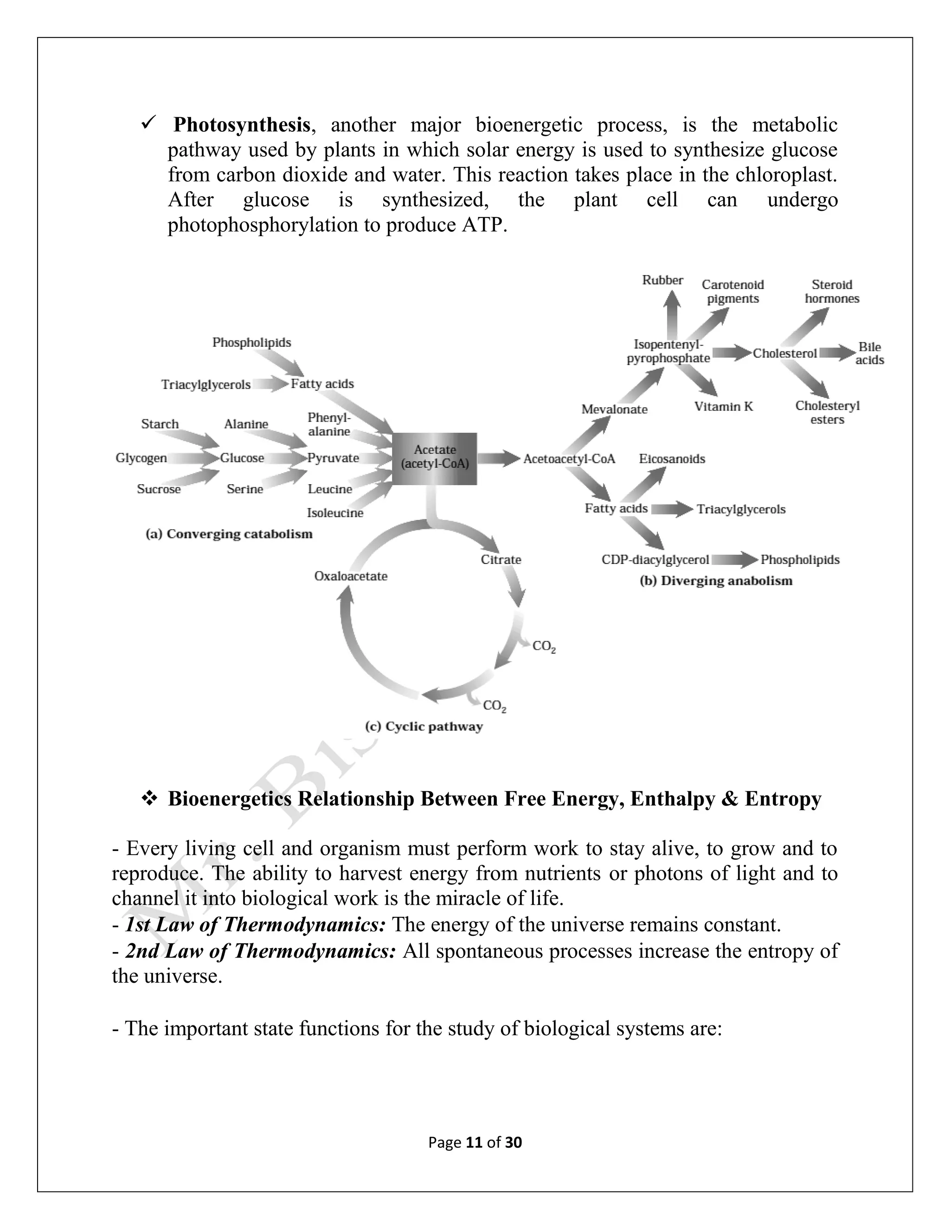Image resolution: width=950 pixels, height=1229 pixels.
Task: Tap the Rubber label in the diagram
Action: click(662, 280)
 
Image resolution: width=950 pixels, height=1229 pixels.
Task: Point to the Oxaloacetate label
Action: click(351, 576)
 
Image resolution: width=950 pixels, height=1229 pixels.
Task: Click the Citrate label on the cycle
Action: click(501, 559)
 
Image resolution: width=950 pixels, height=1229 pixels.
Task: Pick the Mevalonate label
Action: click(614, 409)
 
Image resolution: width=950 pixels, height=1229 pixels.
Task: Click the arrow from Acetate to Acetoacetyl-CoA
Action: click(498, 458)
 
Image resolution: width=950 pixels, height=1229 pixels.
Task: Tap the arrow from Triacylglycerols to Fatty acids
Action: click(270, 384)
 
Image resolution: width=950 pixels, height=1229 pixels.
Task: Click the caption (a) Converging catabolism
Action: click(229, 533)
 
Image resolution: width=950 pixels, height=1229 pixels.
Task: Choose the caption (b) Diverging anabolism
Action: click(716, 580)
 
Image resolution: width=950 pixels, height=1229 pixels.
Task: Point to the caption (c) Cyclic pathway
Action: click(424, 726)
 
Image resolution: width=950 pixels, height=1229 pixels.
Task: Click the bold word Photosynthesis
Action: click(241, 124)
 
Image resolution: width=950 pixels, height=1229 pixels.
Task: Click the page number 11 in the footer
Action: click(475, 1142)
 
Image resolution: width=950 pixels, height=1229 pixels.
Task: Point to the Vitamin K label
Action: click(723, 406)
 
